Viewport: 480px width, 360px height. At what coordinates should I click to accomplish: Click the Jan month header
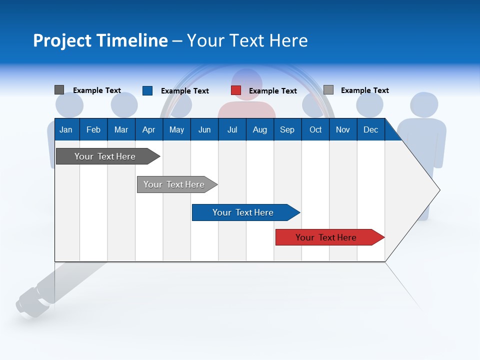coord(66,130)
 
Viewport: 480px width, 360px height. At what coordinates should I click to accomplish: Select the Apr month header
coord(148,130)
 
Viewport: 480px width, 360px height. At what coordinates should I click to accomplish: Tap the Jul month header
coord(232,130)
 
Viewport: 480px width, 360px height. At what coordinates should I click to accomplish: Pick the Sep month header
coord(287,130)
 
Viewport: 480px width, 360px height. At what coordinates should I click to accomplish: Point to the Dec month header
coord(370,130)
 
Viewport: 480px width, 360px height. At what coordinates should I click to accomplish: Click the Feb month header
coord(93,130)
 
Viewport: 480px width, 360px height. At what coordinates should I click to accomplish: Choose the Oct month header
coord(315,130)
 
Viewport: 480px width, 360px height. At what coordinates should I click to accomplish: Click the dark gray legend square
coord(59,90)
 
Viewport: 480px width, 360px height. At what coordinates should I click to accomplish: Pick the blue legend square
coord(147,90)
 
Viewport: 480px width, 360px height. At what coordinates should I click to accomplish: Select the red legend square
coord(236,90)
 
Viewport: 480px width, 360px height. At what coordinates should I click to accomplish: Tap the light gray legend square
coord(328,90)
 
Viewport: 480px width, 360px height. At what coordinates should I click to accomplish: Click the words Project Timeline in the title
coord(100,40)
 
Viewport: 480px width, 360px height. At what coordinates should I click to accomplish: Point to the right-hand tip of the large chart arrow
coord(439,190)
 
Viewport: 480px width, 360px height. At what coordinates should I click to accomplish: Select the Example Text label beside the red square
coord(273,91)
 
